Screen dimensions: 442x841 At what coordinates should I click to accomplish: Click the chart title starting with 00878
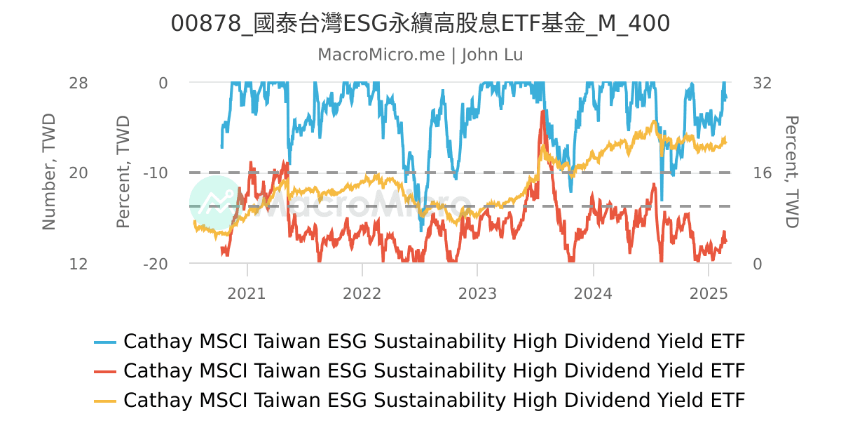click(420, 24)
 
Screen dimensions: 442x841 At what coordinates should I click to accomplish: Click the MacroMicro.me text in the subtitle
click(381, 55)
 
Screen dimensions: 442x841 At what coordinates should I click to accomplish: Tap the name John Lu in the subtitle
click(492, 55)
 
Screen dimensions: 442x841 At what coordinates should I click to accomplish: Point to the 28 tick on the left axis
click(78, 83)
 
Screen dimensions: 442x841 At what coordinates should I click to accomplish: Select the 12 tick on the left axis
click(78, 264)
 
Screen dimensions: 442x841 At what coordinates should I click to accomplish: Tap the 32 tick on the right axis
click(763, 83)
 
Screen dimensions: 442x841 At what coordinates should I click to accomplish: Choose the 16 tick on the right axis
click(762, 173)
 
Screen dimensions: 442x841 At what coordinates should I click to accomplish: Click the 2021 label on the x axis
click(247, 293)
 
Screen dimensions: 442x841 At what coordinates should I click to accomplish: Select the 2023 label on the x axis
click(477, 293)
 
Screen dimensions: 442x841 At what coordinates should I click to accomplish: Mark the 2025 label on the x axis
click(708, 293)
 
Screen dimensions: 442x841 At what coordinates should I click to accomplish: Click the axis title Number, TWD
click(48, 173)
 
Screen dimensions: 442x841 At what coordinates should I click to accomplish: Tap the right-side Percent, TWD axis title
click(791, 173)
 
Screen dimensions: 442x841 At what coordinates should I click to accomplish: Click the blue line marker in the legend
click(105, 342)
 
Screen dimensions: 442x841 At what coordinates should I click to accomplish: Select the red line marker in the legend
click(105, 371)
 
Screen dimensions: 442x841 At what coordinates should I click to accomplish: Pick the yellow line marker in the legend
click(105, 401)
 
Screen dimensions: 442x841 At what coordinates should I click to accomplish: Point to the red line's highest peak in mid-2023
click(542, 112)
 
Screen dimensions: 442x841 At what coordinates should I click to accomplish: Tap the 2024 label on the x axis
click(593, 293)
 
